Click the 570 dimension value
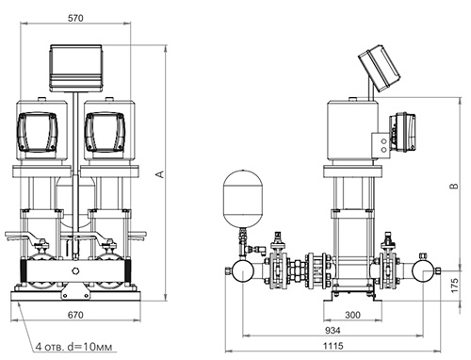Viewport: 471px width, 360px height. pyautogui.click(x=75, y=18)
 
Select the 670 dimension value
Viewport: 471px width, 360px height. pyautogui.click(x=75, y=315)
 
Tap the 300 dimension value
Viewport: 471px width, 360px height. pyautogui.click(x=352, y=315)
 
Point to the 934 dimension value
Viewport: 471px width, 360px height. pyautogui.click(x=333, y=330)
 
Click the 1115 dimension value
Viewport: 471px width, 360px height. pyautogui.click(x=333, y=346)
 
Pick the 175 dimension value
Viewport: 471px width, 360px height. pyautogui.click(x=454, y=286)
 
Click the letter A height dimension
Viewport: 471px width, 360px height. pyautogui.click(x=160, y=174)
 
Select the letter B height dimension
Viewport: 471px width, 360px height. pyautogui.click(x=454, y=186)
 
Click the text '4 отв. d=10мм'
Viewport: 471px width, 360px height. pyautogui.click(x=73, y=347)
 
